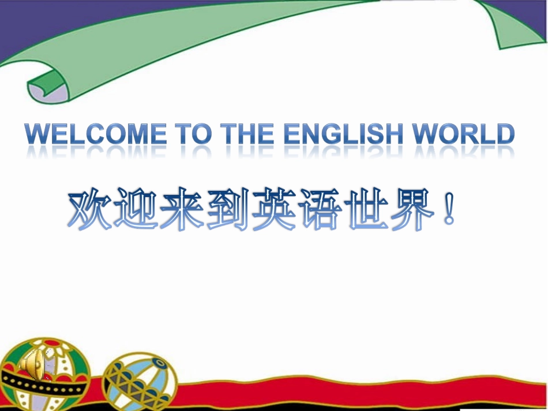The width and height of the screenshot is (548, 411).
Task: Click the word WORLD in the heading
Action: [x=467, y=135]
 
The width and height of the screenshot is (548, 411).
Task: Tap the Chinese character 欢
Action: [x=90, y=209]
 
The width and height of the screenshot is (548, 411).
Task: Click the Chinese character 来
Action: [x=185, y=209]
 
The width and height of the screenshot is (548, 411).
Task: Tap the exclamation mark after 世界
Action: [x=449, y=210]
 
